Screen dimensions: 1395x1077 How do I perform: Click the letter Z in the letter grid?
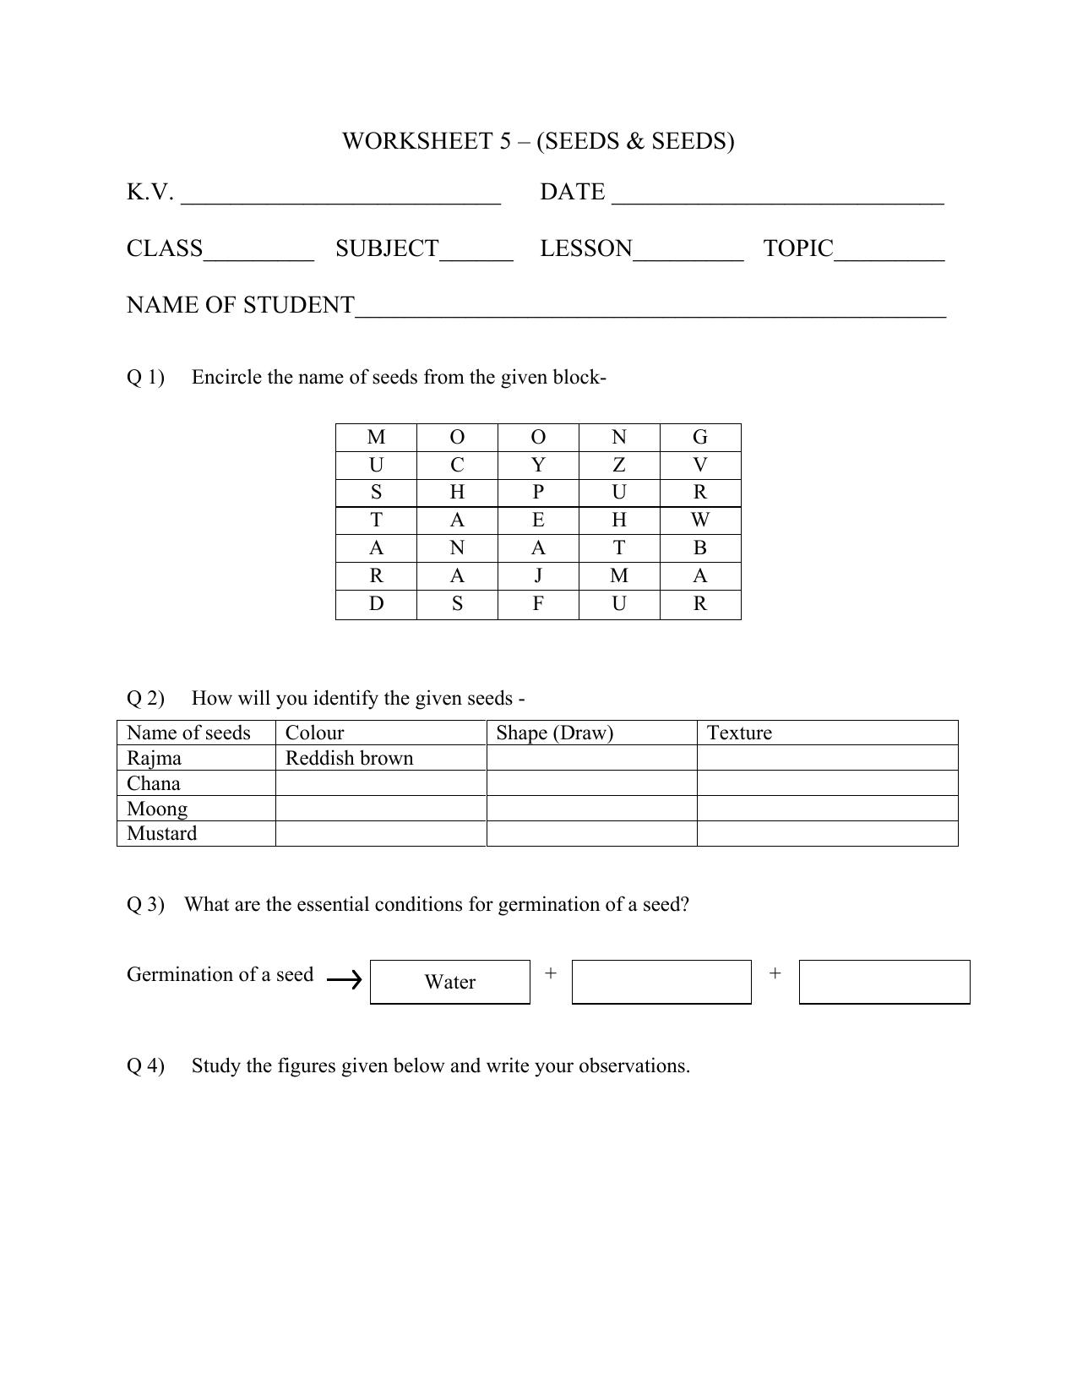coord(619,465)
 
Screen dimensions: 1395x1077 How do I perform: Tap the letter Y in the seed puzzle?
coord(538,465)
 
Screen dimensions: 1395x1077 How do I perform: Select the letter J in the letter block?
coord(538,576)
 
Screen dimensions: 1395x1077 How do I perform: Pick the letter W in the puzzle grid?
coord(699,520)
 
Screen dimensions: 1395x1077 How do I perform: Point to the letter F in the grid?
coord(538,604)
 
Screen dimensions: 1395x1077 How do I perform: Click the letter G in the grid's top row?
coord(699,437)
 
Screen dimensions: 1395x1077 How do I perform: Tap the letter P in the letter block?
coord(538,493)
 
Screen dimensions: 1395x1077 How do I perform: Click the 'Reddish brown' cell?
coord(349,758)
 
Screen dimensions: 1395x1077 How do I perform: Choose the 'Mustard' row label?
coord(161,833)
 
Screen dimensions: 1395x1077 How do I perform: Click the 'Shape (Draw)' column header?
coord(554,733)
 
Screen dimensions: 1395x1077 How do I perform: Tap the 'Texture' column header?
coord(739,733)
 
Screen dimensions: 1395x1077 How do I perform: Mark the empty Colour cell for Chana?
coord(380,783)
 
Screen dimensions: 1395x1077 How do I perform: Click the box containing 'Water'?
coord(449,982)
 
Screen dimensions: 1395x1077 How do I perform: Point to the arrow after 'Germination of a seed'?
coord(344,980)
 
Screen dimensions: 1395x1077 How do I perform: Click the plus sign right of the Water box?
coord(551,973)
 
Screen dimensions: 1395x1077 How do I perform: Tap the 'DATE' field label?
coord(572,193)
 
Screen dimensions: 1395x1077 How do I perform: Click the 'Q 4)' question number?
coord(145,1065)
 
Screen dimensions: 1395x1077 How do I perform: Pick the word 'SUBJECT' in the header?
coord(387,249)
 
